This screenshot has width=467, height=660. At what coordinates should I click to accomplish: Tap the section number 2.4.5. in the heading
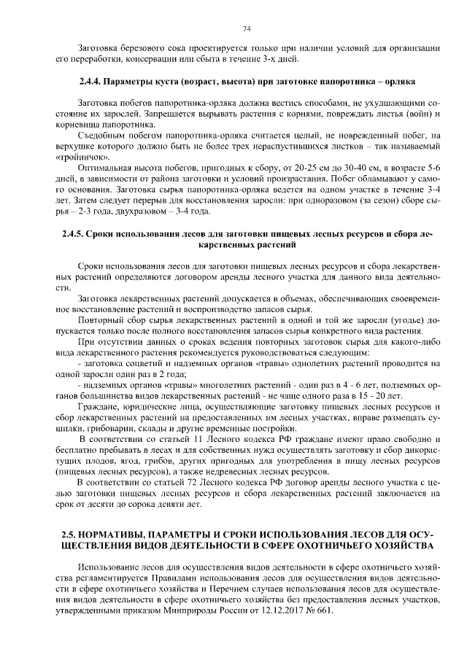click(71, 235)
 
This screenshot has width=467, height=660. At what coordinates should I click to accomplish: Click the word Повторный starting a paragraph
click(100, 320)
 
